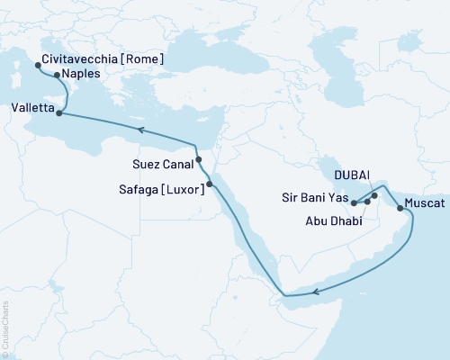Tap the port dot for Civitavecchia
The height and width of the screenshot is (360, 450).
point(37,66)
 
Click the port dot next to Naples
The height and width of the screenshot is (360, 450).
point(57,76)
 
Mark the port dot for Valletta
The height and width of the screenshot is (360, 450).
point(59,113)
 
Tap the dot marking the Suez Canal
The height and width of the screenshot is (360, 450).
point(198,159)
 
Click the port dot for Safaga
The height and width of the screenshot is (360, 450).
point(209,185)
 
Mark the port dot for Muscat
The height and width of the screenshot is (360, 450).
point(400,208)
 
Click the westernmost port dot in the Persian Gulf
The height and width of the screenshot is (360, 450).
point(354,202)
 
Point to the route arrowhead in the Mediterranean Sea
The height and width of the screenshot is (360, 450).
point(140,130)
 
